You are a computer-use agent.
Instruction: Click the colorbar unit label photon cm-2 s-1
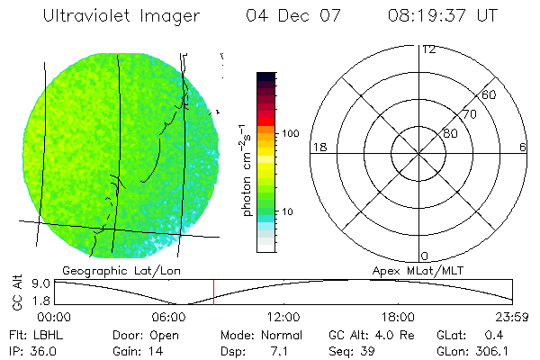245,169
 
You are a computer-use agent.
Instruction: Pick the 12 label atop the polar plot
428,49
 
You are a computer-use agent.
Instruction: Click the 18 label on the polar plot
318,148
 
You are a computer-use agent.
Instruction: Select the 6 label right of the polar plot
523,148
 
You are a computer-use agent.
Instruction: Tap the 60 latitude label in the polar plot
490,94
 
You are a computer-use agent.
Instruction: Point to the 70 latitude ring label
469,114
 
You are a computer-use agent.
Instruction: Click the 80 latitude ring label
449,133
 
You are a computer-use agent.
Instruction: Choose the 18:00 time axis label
399,318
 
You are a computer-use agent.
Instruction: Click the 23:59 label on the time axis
513,318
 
